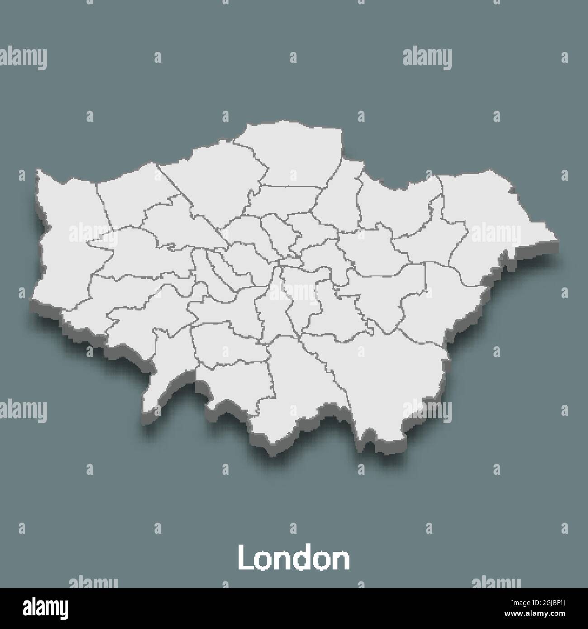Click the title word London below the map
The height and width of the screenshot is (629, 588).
[294, 559]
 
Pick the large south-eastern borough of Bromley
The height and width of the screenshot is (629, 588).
[389, 371]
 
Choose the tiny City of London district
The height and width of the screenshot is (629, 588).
[290, 261]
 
